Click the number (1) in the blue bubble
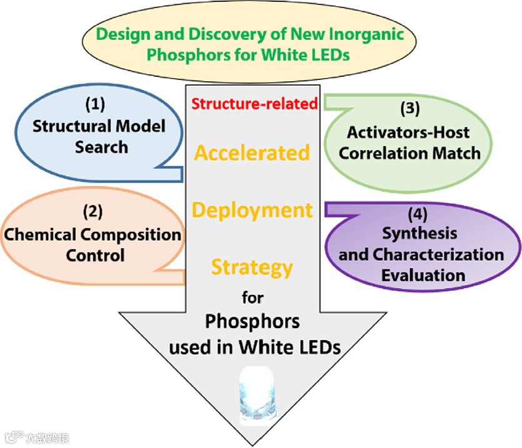coord(98,103)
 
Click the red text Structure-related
coord(254,102)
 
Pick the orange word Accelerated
coord(252,152)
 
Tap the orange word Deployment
coord(252,210)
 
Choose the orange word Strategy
coord(252,267)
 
